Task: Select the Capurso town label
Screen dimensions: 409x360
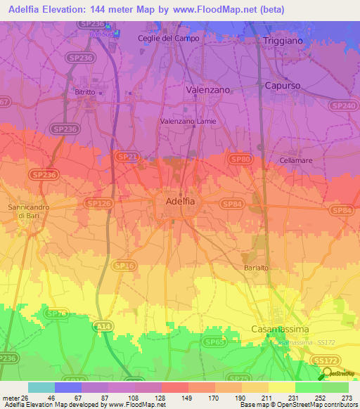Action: [283, 85]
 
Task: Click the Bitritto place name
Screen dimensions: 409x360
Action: [86, 92]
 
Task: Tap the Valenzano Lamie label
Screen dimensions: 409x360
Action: [188, 121]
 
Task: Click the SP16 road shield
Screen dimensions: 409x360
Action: [124, 265]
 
